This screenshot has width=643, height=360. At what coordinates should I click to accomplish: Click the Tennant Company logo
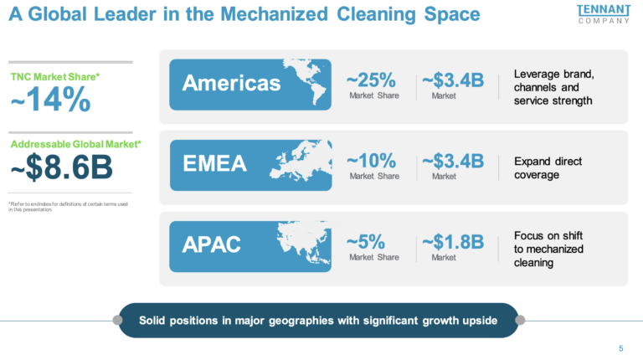603,13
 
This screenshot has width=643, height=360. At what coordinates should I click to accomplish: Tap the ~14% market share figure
50,100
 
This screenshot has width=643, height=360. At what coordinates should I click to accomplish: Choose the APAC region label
211,245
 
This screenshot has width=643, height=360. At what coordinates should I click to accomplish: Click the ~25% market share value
371,80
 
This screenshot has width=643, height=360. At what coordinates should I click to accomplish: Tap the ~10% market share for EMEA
371,161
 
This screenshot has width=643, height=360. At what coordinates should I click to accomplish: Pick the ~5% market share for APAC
366,242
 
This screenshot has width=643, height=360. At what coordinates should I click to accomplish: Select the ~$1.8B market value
453,242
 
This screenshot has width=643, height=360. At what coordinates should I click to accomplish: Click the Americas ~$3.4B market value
453,80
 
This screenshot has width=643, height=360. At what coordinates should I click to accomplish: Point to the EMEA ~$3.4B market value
453,161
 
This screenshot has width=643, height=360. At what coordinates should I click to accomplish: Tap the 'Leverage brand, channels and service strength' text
553,87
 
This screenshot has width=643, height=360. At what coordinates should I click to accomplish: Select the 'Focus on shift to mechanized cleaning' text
548,249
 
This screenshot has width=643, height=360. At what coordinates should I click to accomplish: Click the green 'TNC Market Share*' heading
55,76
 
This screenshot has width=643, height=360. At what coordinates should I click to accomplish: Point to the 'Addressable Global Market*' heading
75,144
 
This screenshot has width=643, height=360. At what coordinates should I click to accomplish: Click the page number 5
620,348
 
